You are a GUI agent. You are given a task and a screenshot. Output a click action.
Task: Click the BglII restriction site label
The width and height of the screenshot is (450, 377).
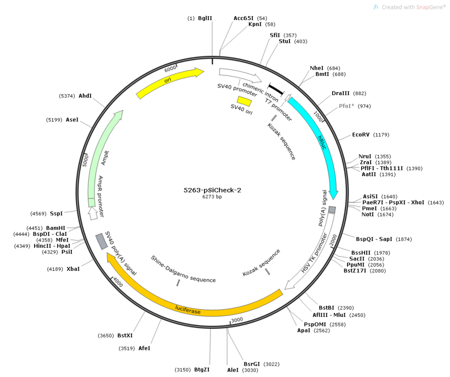205,18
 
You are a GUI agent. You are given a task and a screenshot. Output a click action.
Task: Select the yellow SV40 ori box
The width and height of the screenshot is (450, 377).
244,101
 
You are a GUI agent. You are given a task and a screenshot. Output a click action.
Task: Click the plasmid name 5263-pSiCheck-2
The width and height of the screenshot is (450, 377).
212,190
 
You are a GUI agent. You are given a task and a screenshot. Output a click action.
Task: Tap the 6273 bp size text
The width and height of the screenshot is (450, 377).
212,197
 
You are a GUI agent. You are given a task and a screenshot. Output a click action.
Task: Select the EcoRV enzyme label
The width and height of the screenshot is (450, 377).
361,135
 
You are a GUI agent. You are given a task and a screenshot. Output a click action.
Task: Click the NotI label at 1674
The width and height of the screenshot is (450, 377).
368,214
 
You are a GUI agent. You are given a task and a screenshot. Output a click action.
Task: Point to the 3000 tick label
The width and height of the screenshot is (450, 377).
237,319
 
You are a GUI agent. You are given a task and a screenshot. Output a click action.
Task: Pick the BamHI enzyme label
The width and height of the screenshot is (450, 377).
55,228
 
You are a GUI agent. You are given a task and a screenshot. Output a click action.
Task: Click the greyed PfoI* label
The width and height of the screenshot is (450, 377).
346,106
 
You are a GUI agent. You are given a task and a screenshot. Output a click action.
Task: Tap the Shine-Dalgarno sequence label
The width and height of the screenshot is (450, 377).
183,269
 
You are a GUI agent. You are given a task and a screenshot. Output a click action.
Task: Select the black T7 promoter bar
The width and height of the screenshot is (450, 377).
276,89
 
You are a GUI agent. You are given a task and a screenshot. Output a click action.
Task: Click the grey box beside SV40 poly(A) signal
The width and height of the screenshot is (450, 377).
102,242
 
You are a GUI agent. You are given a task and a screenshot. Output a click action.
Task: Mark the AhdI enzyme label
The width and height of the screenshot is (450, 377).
85,96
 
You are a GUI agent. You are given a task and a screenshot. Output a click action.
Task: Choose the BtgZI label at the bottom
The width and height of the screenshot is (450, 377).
202,370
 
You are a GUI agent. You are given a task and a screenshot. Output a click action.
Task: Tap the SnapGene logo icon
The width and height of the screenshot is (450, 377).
376,7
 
